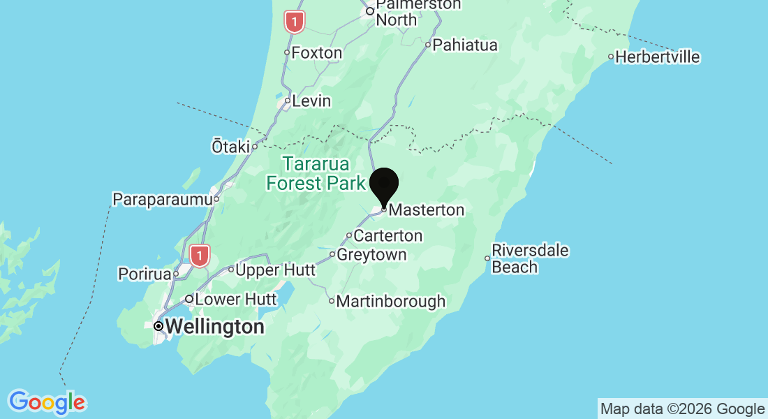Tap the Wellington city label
click(x=215, y=326)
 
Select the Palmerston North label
click(x=418, y=12)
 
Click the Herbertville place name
click(x=658, y=57)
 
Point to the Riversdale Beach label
click(x=530, y=258)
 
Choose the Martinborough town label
click(x=390, y=302)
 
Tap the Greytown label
click(x=371, y=255)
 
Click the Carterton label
click(x=387, y=235)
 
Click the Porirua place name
click(x=145, y=274)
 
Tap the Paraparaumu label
click(x=162, y=199)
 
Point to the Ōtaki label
click(x=230, y=147)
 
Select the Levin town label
click(x=311, y=101)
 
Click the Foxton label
click(x=316, y=53)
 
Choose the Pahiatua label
click(x=465, y=45)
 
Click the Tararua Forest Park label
click(x=316, y=174)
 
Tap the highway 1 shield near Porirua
click(x=200, y=256)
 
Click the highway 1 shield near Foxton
click(x=295, y=22)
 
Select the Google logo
click(x=47, y=402)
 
